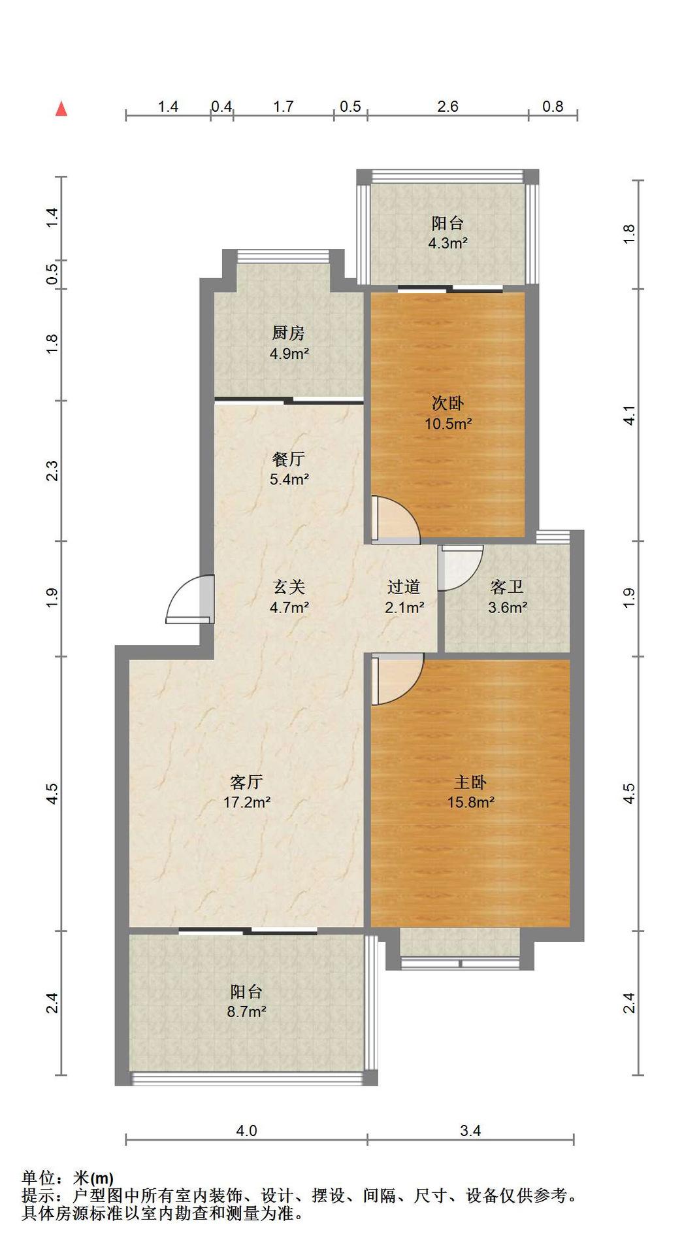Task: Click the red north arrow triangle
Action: (61, 109)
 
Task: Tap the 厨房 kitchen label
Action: (289, 333)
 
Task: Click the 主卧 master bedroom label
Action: (470, 782)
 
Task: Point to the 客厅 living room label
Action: (247, 782)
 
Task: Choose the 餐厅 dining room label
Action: (289, 460)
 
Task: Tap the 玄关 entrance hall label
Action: (289, 587)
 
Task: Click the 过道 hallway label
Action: (404, 587)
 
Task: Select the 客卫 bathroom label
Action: (507, 587)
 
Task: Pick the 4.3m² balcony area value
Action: (448, 243)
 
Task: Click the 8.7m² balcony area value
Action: (247, 1012)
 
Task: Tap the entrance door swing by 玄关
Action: (189, 598)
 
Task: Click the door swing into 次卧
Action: (395, 520)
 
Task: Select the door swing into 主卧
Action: (397, 680)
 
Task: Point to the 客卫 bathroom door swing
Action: (461, 568)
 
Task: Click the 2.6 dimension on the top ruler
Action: (448, 106)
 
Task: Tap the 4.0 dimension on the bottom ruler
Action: (246, 1130)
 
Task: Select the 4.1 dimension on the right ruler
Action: (628, 416)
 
